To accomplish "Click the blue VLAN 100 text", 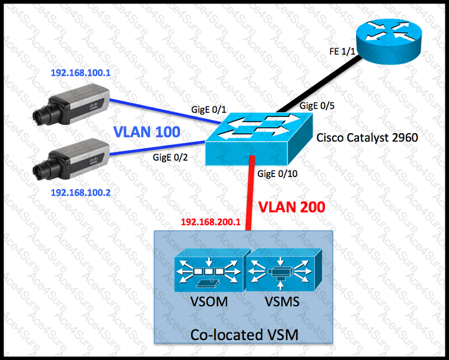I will [x=147, y=133].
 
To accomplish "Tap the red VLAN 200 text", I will [x=291, y=208].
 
